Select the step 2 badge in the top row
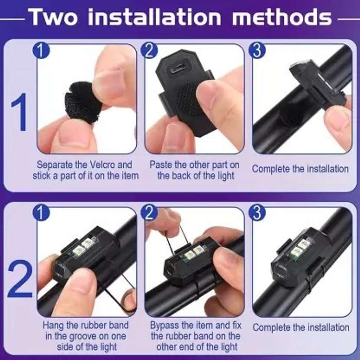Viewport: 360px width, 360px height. (x=150, y=51)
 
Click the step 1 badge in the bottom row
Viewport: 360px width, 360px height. (x=41, y=213)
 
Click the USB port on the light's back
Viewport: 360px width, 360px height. (x=180, y=69)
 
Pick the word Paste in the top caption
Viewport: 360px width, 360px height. (x=160, y=164)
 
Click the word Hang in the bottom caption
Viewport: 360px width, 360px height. (x=53, y=326)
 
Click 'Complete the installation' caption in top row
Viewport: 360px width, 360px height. (x=300, y=169)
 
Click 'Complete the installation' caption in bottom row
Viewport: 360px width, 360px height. (x=300, y=327)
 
